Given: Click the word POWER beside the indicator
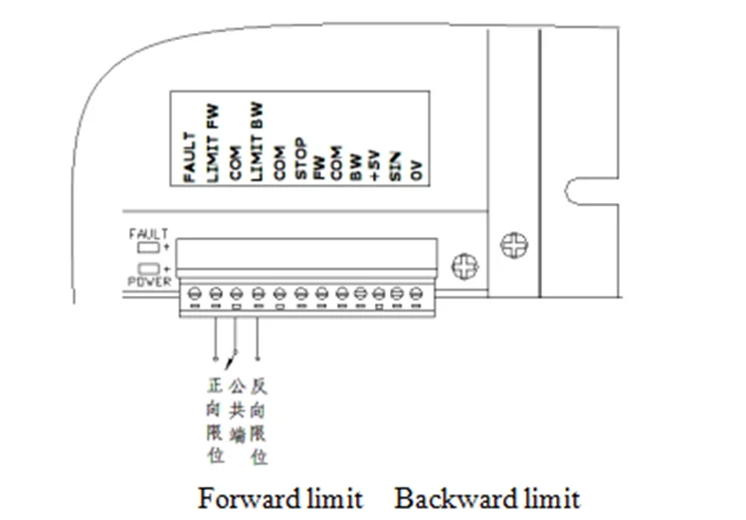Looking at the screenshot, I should pyautogui.click(x=149, y=282).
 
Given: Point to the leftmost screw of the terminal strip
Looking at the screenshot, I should pyautogui.click(x=191, y=294).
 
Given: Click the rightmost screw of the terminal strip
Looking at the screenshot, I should pyautogui.click(x=416, y=294).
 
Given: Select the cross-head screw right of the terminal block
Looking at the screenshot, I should pyautogui.click(x=465, y=266).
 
